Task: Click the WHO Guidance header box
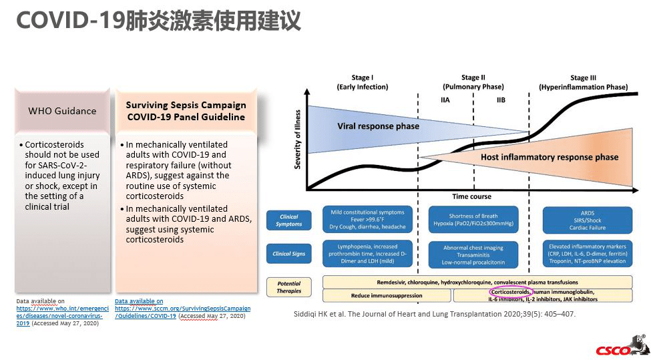pyautogui.click(x=62, y=111)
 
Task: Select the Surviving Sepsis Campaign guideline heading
pyautogui.click(x=186, y=111)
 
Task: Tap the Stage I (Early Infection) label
pyautogui.click(x=363, y=82)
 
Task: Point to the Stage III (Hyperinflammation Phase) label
pyautogui.click(x=583, y=82)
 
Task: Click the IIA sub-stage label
pyautogui.click(x=445, y=100)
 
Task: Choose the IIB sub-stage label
pyautogui.click(x=501, y=100)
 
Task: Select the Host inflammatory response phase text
pyautogui.click(x=550, y=158)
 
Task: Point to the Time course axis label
pyautogui.click(x=471, y=196)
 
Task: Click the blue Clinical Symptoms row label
pyautogui.click(x=288, y=220)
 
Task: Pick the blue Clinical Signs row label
pyautogui.click(x=288, y=254)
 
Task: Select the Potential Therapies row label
pyautogui.click(x=288, y=287)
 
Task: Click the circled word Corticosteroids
pyautogui.click(x=511, y=292)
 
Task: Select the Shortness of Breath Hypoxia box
pyautogui.click(x=473, y=220)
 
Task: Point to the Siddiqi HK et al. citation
pyautogui.click(x=435, y=314)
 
